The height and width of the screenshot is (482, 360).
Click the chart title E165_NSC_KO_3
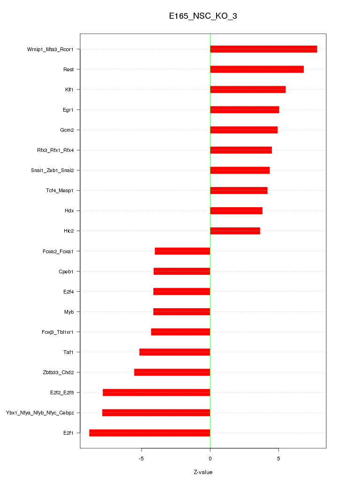[x=203, y=16]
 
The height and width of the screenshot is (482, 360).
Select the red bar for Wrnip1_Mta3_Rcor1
[x=263, y=49]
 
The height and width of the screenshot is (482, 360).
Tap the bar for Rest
[x=257, y=69]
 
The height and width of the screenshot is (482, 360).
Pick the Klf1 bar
[x=247, y=90]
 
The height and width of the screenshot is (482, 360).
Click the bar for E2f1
[x=150, y=433]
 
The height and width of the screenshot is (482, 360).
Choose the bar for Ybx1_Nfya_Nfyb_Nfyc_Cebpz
[x=156, y=413]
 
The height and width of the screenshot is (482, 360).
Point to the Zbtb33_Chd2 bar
[x=172, y=372]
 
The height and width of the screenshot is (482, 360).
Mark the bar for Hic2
[x=235, y=231]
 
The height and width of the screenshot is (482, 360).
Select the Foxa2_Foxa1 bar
[x=182, y=251]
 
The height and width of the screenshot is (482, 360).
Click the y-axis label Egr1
[x=68, y=110]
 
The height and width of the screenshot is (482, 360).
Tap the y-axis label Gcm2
[x=67, y=130]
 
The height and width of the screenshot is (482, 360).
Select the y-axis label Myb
[x=69, y=312]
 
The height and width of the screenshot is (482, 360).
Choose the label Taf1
[x=69, y=352]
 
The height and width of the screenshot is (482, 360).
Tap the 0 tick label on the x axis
[x=210, y=458]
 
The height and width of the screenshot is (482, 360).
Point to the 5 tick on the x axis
[x=278, y=458]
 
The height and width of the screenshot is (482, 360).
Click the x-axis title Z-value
[x=203, y=472]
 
